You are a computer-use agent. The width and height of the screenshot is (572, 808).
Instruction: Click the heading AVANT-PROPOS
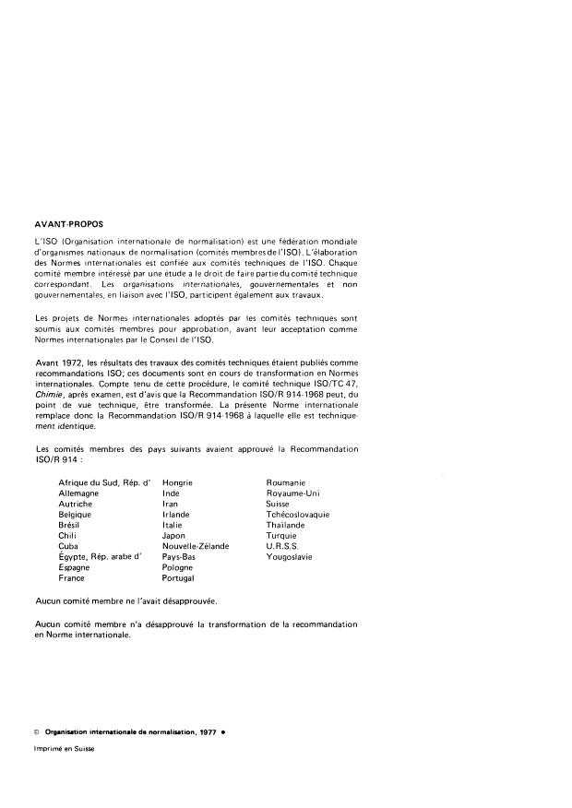pos(68,223)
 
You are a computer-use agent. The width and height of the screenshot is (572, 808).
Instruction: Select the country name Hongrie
pos(177,482)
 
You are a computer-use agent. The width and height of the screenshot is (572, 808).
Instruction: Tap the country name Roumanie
pos(286,482)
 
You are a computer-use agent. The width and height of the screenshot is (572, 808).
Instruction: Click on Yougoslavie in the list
pos(290,557)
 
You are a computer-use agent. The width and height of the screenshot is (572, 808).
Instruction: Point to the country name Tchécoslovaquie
pos(298,515)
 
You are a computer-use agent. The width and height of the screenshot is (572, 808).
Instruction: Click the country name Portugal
pos(178,578)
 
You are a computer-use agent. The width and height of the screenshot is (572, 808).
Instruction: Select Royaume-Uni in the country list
pos(292,493)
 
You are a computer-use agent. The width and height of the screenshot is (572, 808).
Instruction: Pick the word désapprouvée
pos(188,600)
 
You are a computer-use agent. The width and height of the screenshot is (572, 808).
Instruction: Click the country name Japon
pos(173,536)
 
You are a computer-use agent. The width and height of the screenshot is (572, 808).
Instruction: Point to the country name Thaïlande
pos(289,525)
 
